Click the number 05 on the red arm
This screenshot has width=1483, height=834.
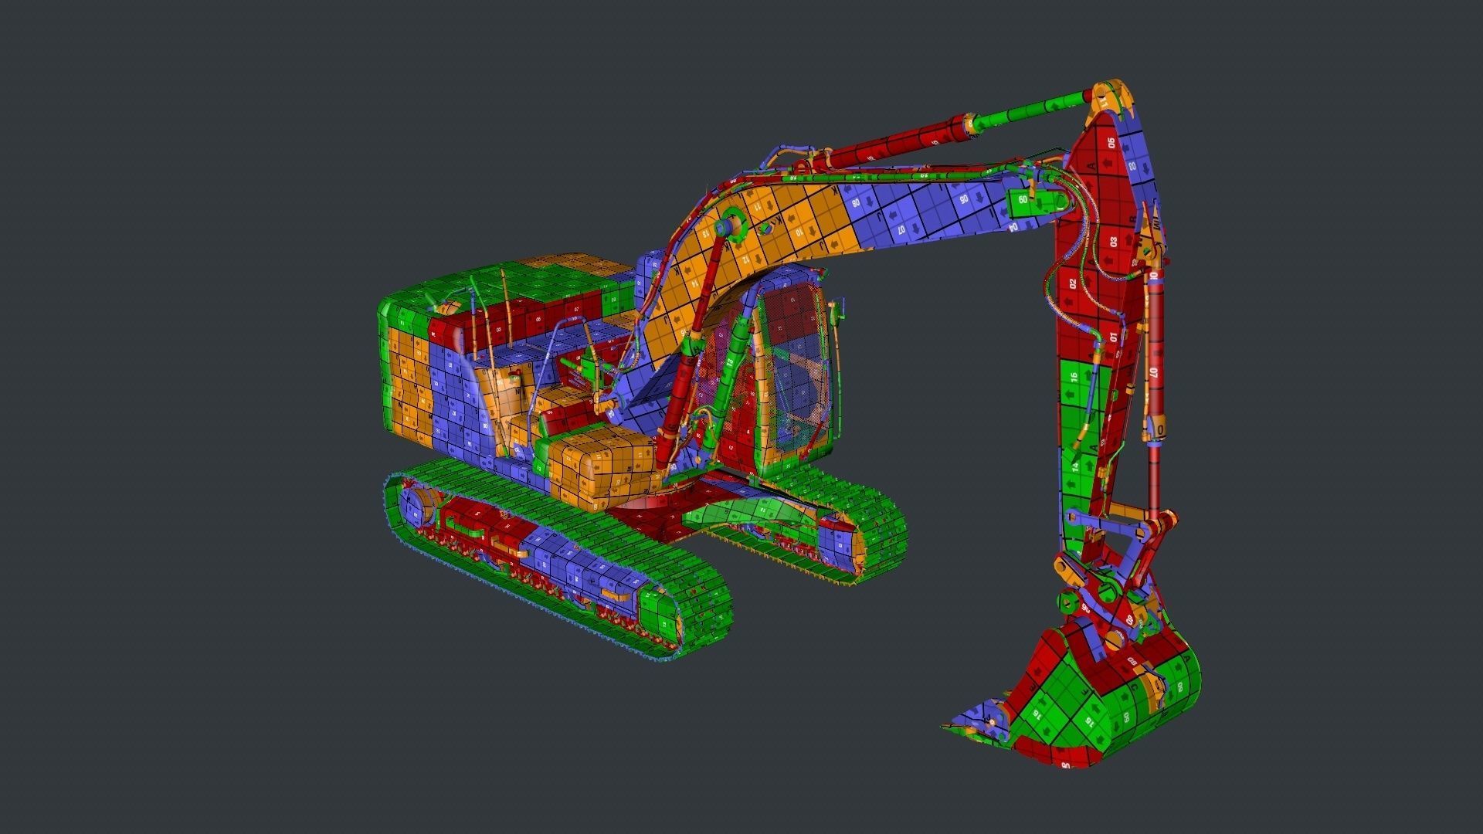[x=1111, y=143]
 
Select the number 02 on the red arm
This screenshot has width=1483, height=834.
[x=1073, y=283]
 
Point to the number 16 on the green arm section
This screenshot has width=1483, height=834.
[x=1074, y=378]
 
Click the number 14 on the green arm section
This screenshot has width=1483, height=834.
[x=1075, y=466]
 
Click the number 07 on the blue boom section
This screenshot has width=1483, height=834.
[x=901, y=229]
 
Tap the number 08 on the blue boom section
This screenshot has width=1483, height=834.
[x=855, y=203]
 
